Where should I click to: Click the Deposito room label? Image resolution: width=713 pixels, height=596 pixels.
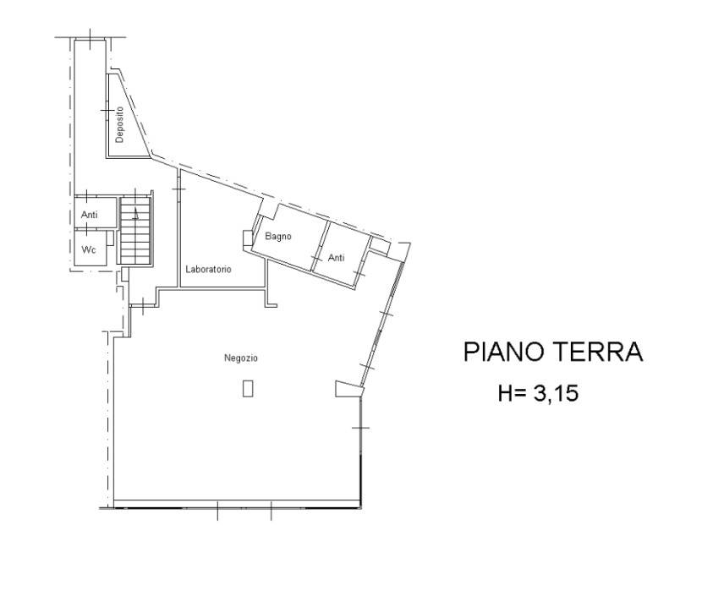point(119,124)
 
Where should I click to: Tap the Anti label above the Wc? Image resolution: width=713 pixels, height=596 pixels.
point(89,215)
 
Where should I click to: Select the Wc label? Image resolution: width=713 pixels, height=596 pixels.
point(88,249)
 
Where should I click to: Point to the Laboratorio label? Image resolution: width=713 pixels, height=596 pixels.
point(208,269)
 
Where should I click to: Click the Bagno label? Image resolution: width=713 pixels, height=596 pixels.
point(278,237)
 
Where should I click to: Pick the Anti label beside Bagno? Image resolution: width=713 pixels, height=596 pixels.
point(336,258)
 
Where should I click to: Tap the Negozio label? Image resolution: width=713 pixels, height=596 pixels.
point(241,358)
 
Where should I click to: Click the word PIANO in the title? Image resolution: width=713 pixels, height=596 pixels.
point(503,352)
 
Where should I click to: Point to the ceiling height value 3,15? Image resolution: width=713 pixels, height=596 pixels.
point(556,393)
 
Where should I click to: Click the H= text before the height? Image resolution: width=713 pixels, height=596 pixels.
point(512,393)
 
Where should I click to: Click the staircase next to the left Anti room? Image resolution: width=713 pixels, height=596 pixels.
point(134,230)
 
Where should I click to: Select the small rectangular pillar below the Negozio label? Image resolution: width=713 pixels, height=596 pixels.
point(248,389)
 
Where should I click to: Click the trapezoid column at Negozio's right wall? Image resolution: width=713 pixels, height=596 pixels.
point(349,389)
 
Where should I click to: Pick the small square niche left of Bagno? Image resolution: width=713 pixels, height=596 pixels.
point(247,238)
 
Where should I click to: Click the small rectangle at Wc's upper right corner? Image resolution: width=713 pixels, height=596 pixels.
point(110,238)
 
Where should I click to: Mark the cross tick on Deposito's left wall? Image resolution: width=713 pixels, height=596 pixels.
point(107,111)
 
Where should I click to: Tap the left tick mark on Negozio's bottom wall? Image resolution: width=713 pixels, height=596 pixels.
point(217,510)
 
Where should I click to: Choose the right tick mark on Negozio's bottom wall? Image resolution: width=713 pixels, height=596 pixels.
point(271,510)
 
